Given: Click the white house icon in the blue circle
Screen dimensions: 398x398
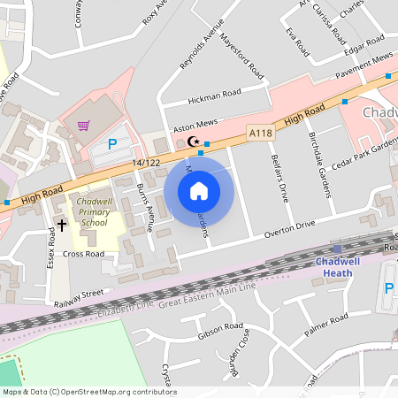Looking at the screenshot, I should pos(199,190).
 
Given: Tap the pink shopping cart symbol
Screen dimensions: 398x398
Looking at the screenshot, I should pos(84,126).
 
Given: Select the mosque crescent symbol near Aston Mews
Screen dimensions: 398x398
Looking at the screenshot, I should pos(193,142).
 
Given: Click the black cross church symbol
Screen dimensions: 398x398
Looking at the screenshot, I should pos(61,225).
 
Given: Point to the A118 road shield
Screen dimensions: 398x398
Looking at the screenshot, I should pos(261,133).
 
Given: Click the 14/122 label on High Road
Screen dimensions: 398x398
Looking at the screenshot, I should pos(146,164).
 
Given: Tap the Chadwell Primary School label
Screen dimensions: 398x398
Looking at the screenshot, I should pos(93,212).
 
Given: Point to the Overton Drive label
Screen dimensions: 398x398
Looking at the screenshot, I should pos(290,228).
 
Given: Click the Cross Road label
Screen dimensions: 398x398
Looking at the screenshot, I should pos(83,254).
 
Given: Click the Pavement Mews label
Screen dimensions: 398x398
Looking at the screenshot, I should pos(367,59).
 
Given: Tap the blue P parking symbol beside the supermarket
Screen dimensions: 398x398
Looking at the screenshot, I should pos(112,144).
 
